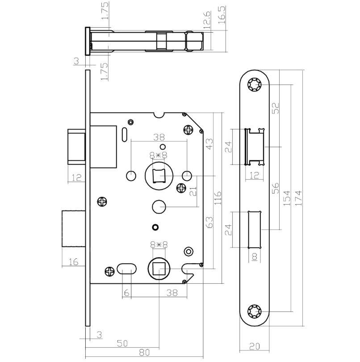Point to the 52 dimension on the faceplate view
[276, 108]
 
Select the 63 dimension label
[209, 222]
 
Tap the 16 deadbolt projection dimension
[75, 262]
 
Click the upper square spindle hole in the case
[159, 176]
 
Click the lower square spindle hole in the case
[159, 269]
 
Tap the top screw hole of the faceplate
[256, 84]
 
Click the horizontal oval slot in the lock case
[126, 269]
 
